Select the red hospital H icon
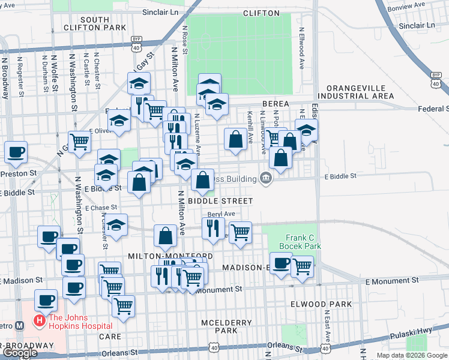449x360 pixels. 40,321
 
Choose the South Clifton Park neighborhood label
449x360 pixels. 103,23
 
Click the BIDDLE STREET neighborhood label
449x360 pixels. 219,200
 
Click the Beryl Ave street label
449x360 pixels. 221,214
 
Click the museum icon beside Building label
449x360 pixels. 265,178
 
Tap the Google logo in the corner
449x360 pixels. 19,353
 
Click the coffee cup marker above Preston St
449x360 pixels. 16,152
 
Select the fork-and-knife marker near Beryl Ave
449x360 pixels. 212,229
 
